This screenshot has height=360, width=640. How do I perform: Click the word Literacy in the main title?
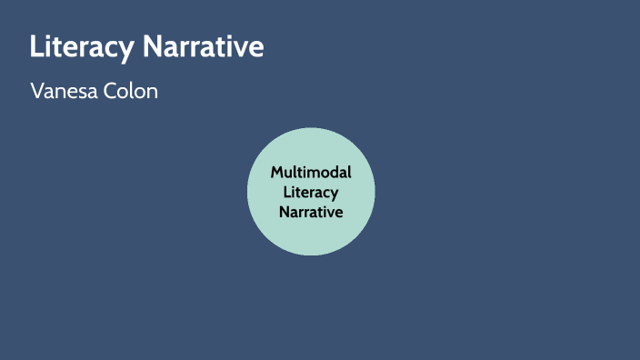pos(82,47)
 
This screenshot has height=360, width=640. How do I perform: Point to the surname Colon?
pos(135,92)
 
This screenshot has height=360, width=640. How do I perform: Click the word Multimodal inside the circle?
pos(311,173)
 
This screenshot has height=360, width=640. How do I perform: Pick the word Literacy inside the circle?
pos(311,192)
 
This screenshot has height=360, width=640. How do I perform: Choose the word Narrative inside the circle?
pos(311,211)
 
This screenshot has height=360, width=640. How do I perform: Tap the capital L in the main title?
pos(36,47)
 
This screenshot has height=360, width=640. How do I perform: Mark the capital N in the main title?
pos(151,47)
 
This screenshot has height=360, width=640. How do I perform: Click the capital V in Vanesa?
pos(36,92)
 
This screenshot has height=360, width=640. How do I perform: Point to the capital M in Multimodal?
pos(277,173)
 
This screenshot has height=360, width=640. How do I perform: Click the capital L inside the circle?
pos(287,192)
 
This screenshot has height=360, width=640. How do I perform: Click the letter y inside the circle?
pos(335,195)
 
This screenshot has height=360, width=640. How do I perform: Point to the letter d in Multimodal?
pos(331,173)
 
